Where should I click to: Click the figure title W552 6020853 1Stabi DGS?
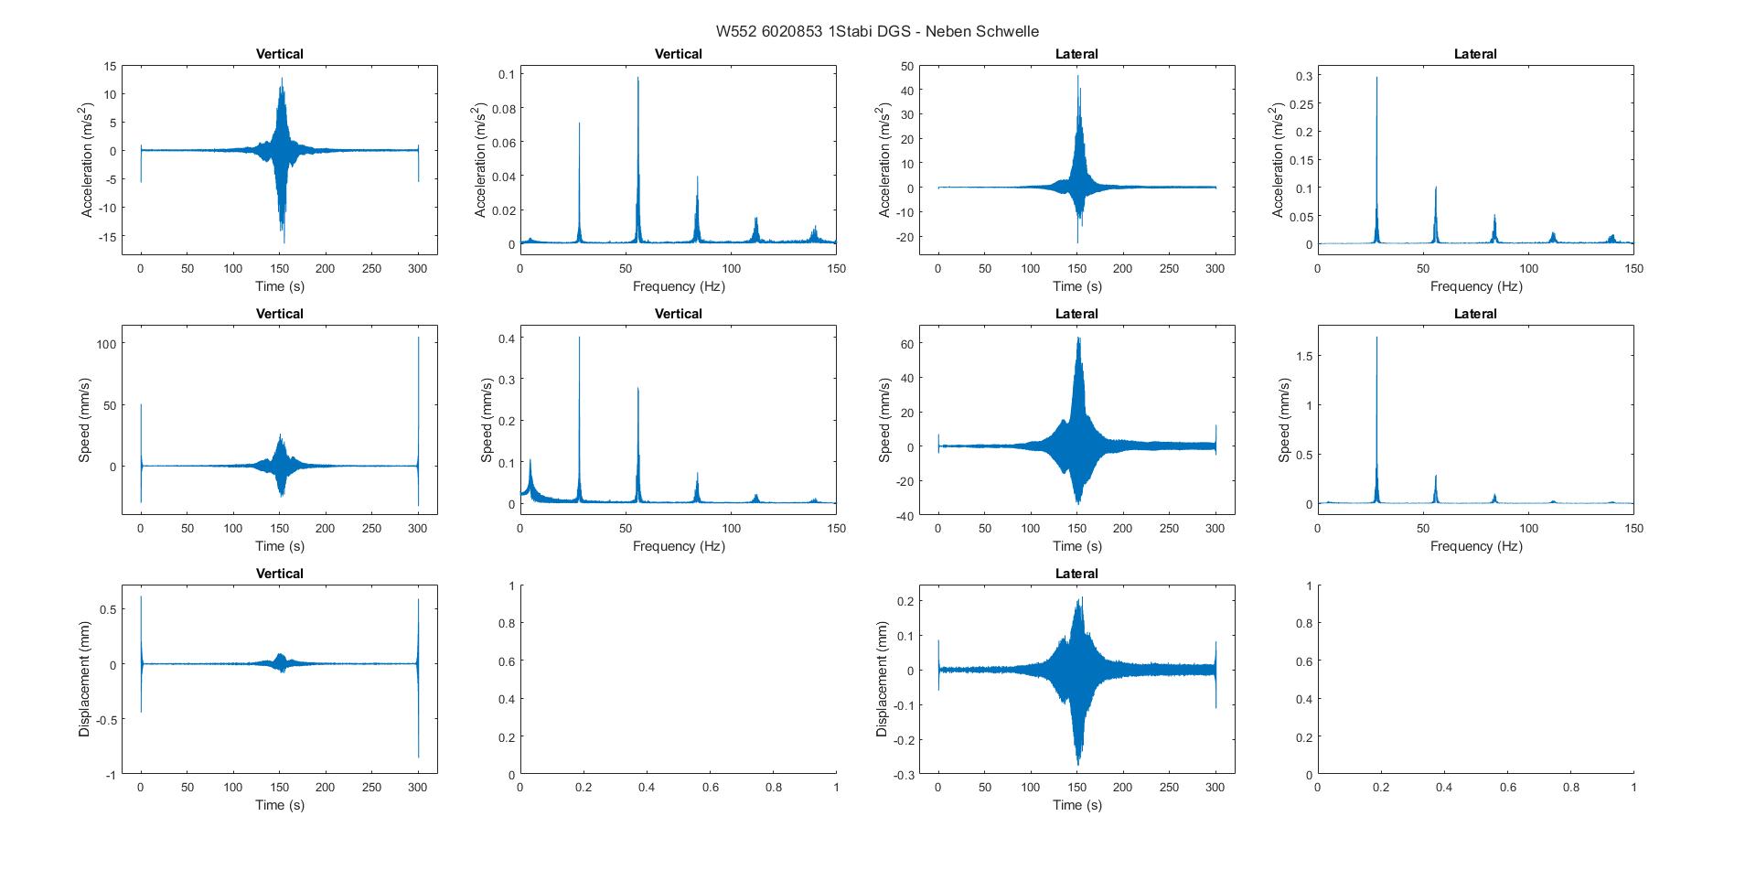pyautogui.click(x=877, y=31)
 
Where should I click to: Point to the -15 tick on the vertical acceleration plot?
pyautogui.click(x=109, y=236)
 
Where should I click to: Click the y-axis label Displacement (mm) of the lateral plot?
pyautogui.click(x=882, y=680)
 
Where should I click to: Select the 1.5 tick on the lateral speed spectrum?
pyautogui.click(x=1299, y=356)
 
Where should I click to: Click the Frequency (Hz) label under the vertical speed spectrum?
pyautogui.click(x=678, y=546)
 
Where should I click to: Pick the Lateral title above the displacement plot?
pyautogui.click(x=1076, y=574)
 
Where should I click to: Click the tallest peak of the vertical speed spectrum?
pyautogui.click(x=579, y=339)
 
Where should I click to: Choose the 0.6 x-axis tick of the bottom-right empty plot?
pyautogui.click(x=1507, y=787)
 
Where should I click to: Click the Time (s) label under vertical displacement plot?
pyautogui.click(x=279, y=805)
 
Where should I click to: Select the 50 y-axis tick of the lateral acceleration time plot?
pyautogui.click(x=907, y=66)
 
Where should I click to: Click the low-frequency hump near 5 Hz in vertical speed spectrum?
pyautogui.click(x=530, y=462)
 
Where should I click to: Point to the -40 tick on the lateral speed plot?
pyautogui.click(x=906, y=516)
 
